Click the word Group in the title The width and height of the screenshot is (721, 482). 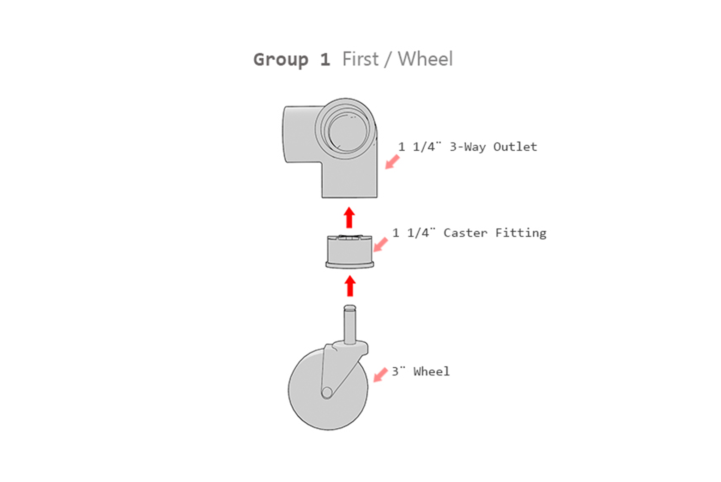coord(280,60)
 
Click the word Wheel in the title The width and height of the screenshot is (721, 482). coord(425,59)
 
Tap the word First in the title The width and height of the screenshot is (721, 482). coord(360,59)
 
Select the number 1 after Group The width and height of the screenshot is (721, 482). coord(325,60)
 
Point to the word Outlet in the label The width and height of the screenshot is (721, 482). coord(515,147)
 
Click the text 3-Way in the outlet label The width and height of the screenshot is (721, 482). coord(467,147)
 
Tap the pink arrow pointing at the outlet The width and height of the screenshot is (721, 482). coord(392,162)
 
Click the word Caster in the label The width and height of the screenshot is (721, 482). coord(465,233)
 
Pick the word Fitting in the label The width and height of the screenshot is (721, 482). coord(521,233)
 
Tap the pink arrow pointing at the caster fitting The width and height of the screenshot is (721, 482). coord(380,245)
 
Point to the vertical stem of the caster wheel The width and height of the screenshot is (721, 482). coord(350,325)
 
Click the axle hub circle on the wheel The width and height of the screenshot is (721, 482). coord(327,392)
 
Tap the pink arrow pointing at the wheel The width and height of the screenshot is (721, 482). coord(380,375)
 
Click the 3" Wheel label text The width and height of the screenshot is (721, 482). coord(420,372)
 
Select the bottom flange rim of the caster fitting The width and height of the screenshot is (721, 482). coord(350,265)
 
